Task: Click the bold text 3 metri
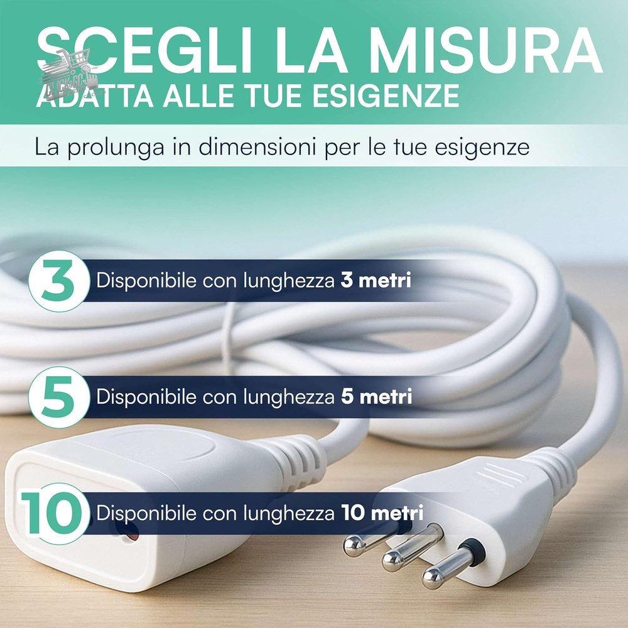(376, 280)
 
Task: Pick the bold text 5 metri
(376, 397)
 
